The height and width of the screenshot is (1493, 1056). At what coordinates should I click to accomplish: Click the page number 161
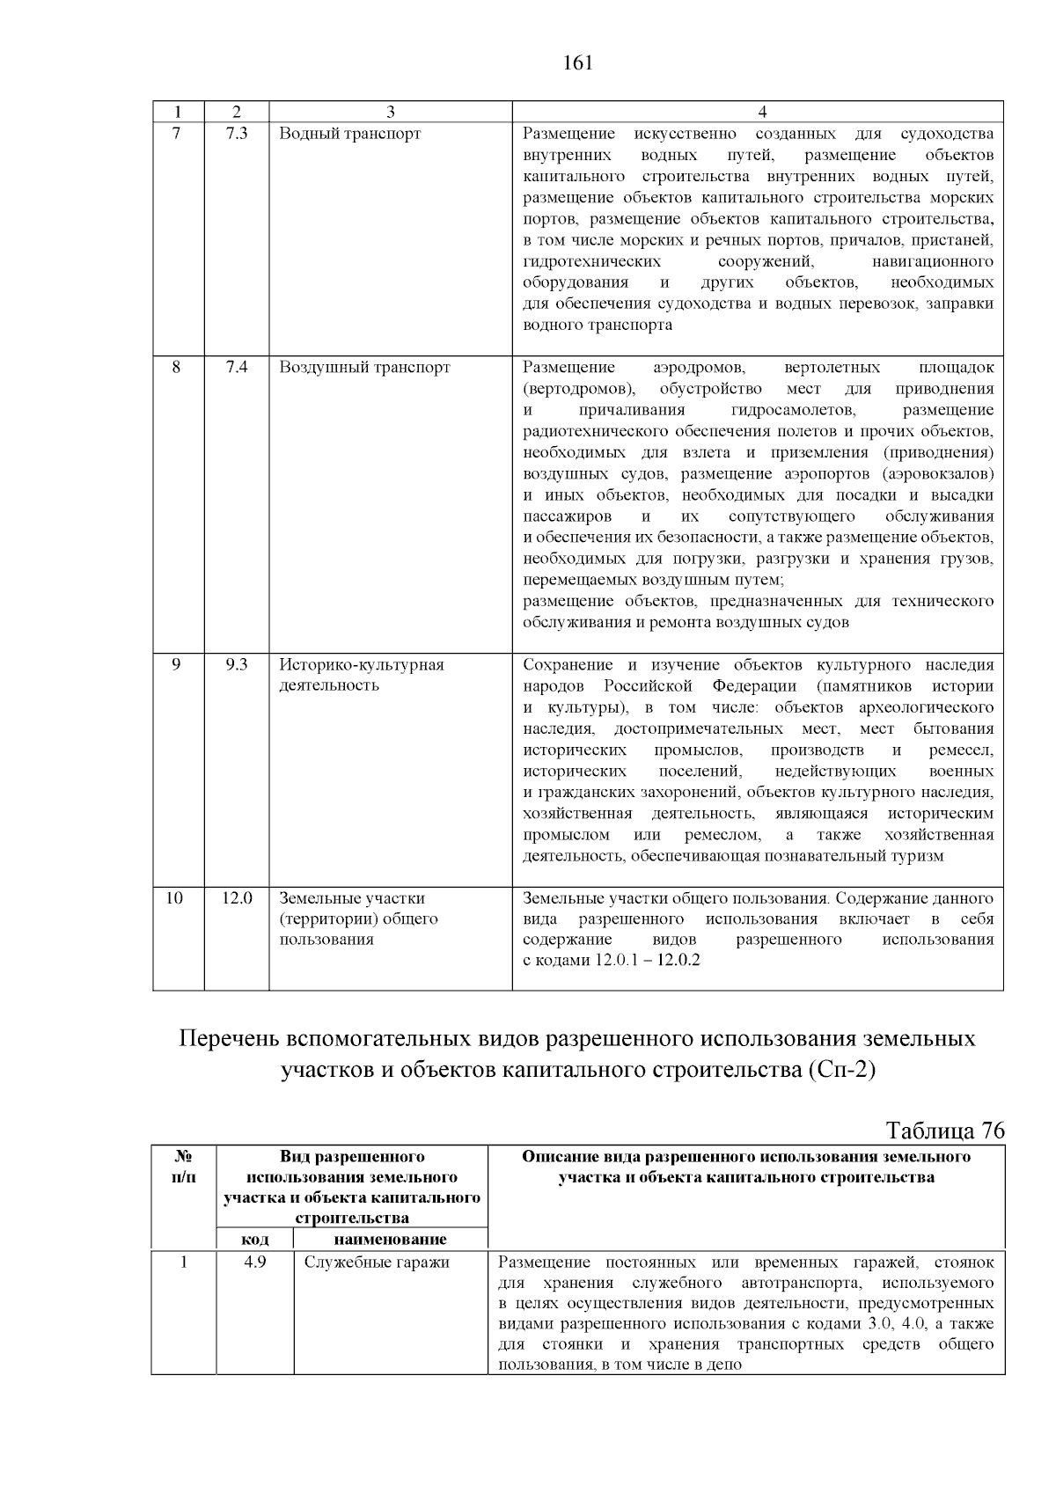pos(577,63)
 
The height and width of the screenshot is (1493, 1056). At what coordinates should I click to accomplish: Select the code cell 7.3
pos(236,134)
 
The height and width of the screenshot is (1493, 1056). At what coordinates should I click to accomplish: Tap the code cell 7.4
pos(236,367)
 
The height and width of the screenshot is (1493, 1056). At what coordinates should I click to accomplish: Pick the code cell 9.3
pos(236,665)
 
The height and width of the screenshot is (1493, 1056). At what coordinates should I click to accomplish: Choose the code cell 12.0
pos(236,898)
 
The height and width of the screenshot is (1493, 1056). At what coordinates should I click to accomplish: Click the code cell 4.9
pos(255,1262)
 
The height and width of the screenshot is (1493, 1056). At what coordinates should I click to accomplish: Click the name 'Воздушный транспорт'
pos(364,367)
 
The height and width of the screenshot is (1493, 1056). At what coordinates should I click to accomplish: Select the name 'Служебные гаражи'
pos(377,1262)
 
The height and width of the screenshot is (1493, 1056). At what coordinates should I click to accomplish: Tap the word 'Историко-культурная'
pos(362,665)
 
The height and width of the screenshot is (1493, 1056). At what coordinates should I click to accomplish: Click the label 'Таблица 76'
pos(944,1131)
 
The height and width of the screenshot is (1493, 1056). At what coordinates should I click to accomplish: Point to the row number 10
pos(176,898)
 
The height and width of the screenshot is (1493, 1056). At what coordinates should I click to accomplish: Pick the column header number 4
pos(762,112)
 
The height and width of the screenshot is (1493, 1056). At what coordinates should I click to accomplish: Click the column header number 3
pos(390,112)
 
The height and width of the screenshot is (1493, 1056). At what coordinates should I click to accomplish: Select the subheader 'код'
pos(255,1239)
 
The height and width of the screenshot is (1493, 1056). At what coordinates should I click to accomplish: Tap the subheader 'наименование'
pos(390,1239)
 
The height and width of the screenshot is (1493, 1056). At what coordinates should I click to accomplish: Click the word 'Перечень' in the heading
pos(230,1039)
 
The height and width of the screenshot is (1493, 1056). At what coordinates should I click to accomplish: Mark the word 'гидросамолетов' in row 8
pos(792,410)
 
